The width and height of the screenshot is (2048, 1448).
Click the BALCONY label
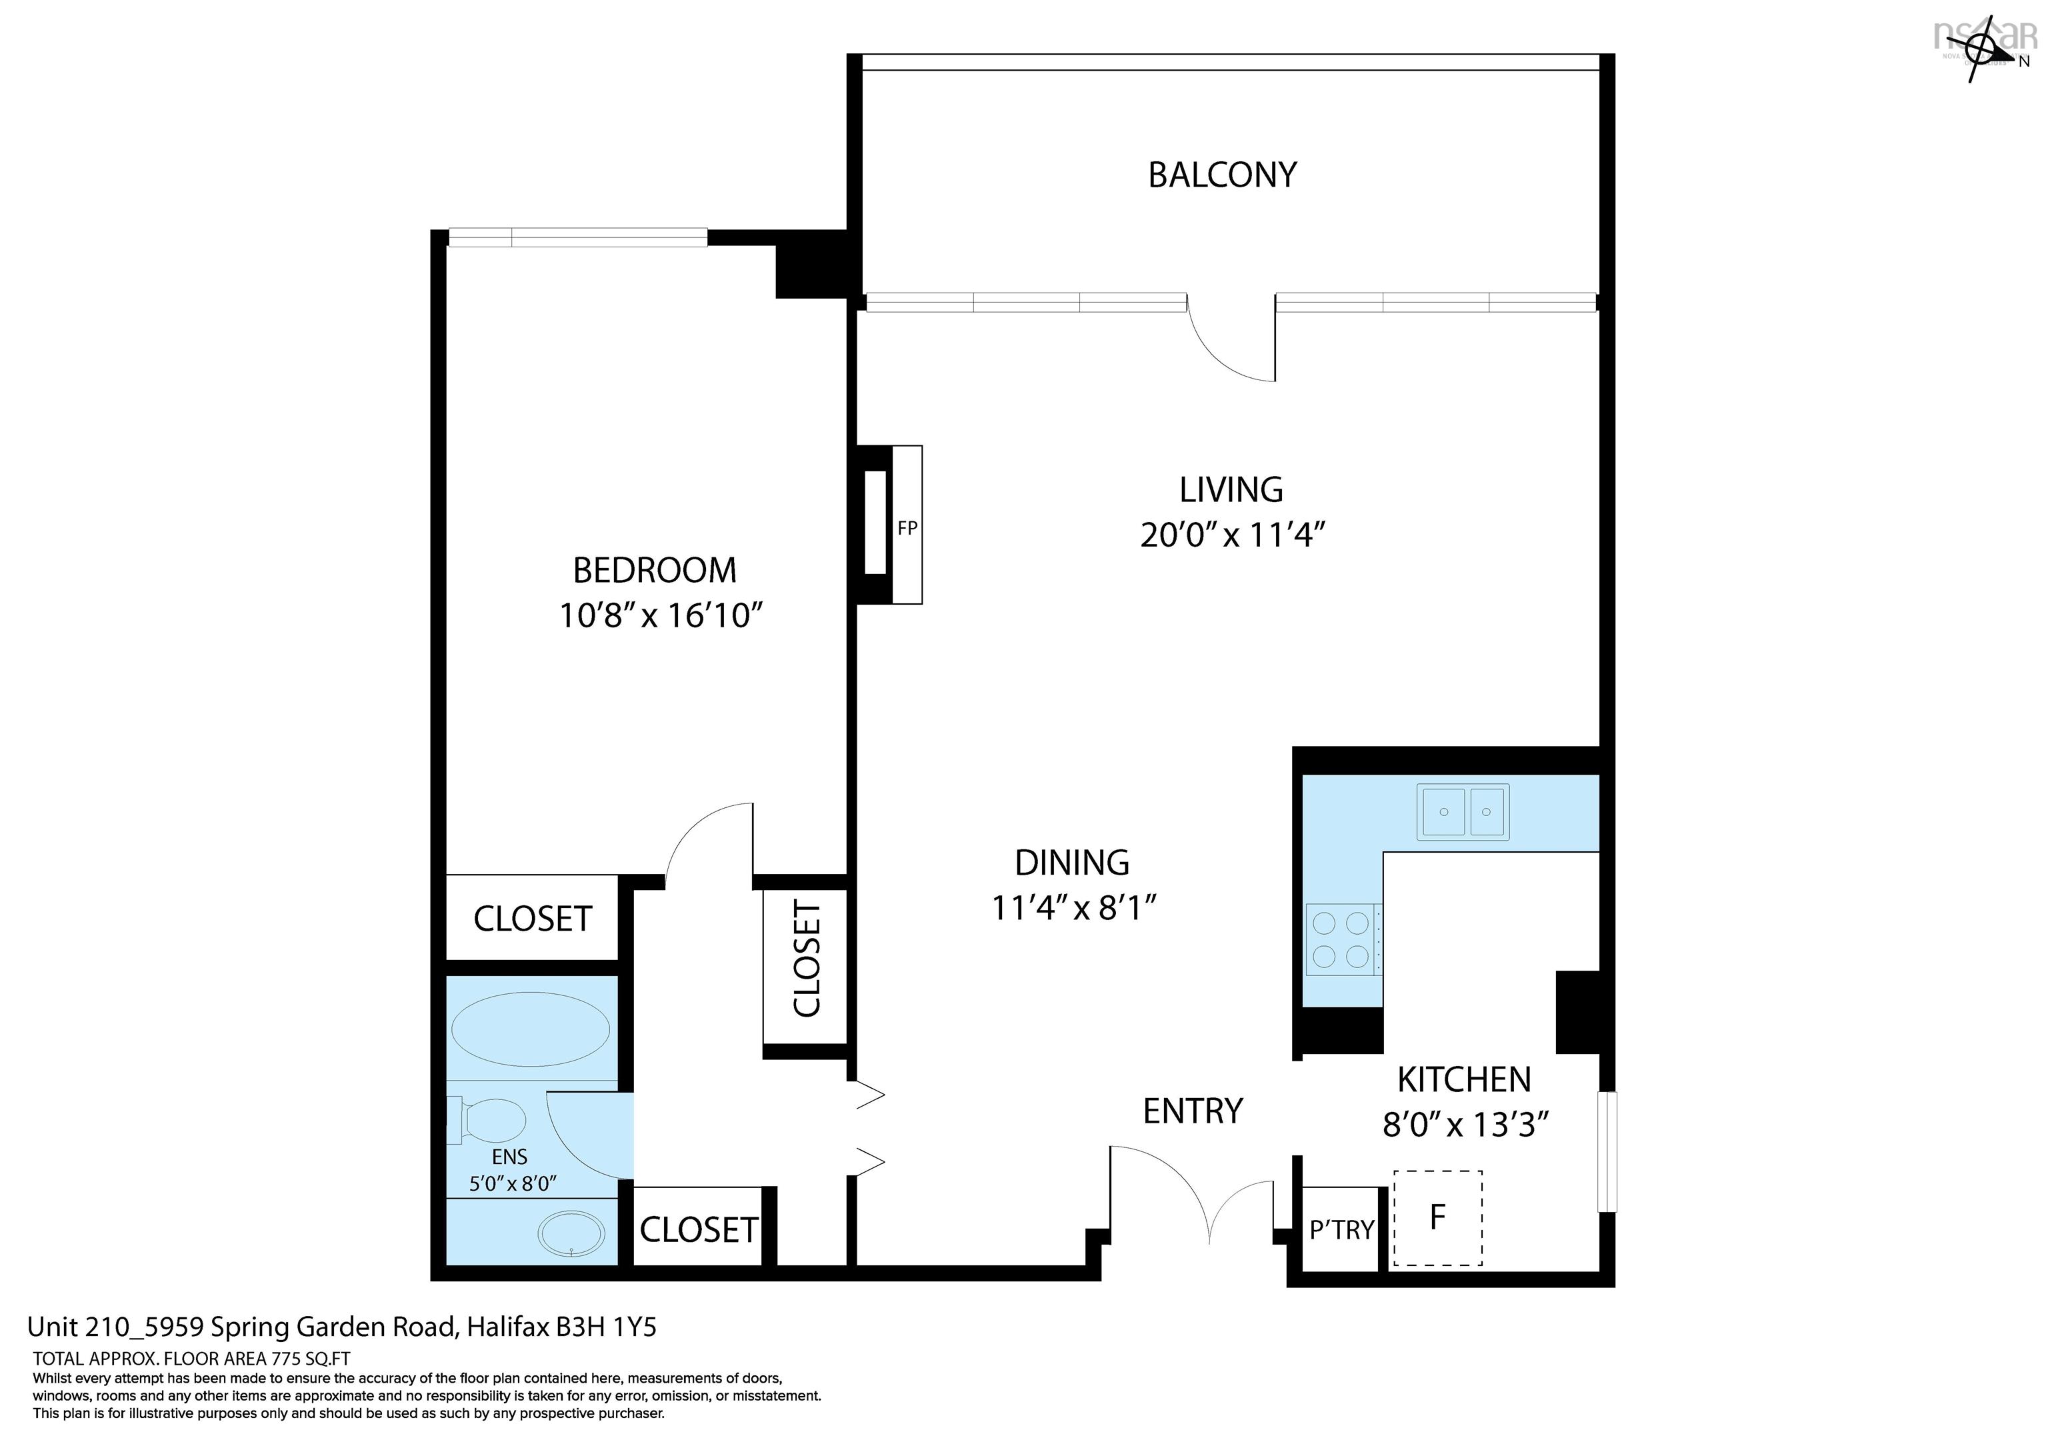[x=1222, y=175]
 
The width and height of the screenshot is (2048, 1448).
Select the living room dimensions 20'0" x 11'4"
[x=1232, y=535]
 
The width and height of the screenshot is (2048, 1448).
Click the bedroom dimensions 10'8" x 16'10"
[x=660, y=615]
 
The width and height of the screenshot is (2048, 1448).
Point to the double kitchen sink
[x=1463, y=812]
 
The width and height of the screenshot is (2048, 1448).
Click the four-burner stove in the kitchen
[x=1341, y=939]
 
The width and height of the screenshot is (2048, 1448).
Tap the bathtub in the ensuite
[x=530, y=1029]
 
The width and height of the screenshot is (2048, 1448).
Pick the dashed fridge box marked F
[x=1437, y=1218]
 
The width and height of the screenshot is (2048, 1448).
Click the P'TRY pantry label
[x=1341, y=1230]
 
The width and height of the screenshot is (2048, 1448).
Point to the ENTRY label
[x=1193, y=1111]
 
